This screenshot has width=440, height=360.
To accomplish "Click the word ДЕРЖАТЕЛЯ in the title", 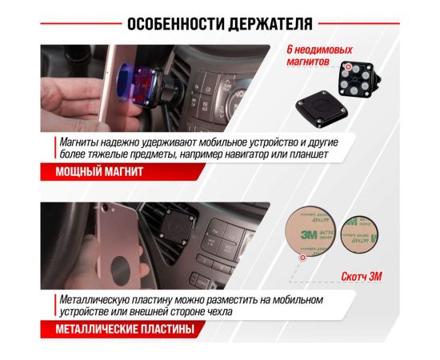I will (x=271, y=22).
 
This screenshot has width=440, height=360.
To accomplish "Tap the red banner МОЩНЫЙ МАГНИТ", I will (x=90, y=171).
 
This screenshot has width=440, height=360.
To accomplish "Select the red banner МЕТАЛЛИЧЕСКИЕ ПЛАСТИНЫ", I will (x=115, y=328).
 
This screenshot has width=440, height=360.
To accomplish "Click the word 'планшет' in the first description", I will (x=305, y=154).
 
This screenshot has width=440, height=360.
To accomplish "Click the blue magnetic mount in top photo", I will (x=133, y=80).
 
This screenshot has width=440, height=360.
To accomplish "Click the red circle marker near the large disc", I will (x=302, y=258).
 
